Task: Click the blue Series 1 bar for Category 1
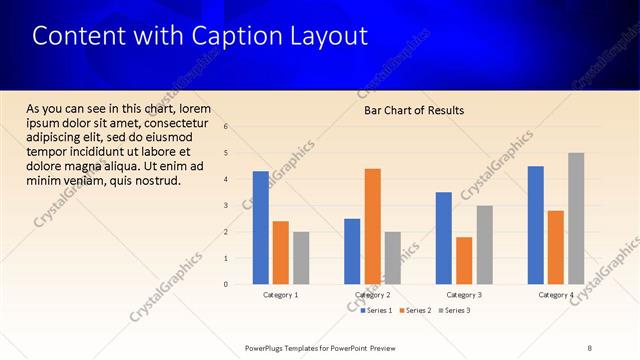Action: pos(261,228)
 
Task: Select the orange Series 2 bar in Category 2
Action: pos(372,226)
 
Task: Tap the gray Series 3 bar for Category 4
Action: pos(576,218)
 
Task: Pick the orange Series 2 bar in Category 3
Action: pos(464,260)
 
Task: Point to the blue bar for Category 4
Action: pos(536,225)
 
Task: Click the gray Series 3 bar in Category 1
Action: pos(301,258)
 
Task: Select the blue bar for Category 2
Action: pos(352,251)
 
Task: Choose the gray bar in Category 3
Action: pos(484,245)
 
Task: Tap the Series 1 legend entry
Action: pos(376,311)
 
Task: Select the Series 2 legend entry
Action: pos(414,311)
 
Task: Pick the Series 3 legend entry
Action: pos(453,311)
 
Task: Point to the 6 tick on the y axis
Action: pos(227,127)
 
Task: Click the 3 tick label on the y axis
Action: pos(227,206)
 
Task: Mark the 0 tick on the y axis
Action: pos(227,285)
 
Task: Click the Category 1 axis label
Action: pos(281,295)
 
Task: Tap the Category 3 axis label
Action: pos(464,295)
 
